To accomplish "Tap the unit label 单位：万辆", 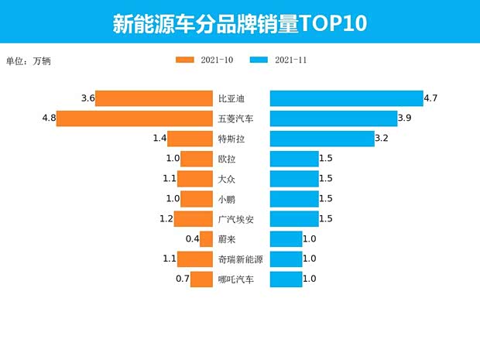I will pyautogui.click(x=32, y=60).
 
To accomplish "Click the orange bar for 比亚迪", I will pyautogui.click(x=154, y=98).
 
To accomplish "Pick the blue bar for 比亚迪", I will pyautogui.click(x=346, y=98).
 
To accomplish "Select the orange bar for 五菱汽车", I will pyautogui.click(x=135, y=118).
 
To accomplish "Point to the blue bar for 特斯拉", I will pyautogui.click(x=321, y=139).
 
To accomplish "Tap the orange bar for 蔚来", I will pyautogui.click(x=207, y=239).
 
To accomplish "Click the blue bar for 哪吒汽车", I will pyautogui.click(x=286, y=279).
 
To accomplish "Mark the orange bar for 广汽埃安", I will pyautogui.click(x=194, y=219).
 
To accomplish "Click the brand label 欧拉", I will pyautogui.click(x=227, y=159).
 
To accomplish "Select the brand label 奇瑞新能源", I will pyautogui.click(x=241, y=259).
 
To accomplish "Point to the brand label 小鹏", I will pyautogui.click(x=227, y=199).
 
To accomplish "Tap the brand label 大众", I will pyautogui.click(x=227, y=179).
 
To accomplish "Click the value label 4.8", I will pyautogui.click(x=49, y=118).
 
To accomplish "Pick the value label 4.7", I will pyautogui.click(x=431, y=98).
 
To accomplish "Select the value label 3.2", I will pyautogui.click(x=381, y=139).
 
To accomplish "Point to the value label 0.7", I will pyautogui.click(x=183, y=279).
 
